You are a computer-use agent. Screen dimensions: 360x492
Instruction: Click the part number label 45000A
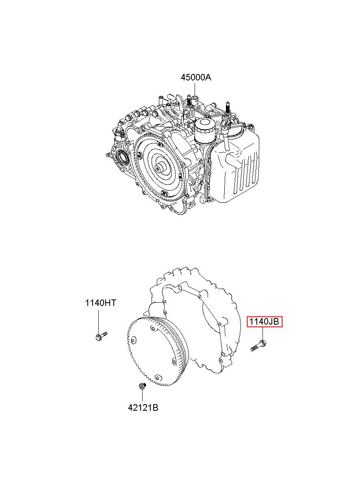(x=196, y=78)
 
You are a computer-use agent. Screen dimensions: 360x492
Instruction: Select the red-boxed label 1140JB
(x=264, y=322)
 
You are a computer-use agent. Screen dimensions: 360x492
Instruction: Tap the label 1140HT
(x=100, y=303)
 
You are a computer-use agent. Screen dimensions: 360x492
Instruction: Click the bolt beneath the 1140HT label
(x=101, y=336)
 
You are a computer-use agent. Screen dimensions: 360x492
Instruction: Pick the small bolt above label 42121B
(x=143, y=386)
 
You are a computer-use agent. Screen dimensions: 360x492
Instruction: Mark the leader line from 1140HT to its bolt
(x=98, y=321)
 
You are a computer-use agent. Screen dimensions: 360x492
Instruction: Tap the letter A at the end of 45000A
(x=208, y=78)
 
